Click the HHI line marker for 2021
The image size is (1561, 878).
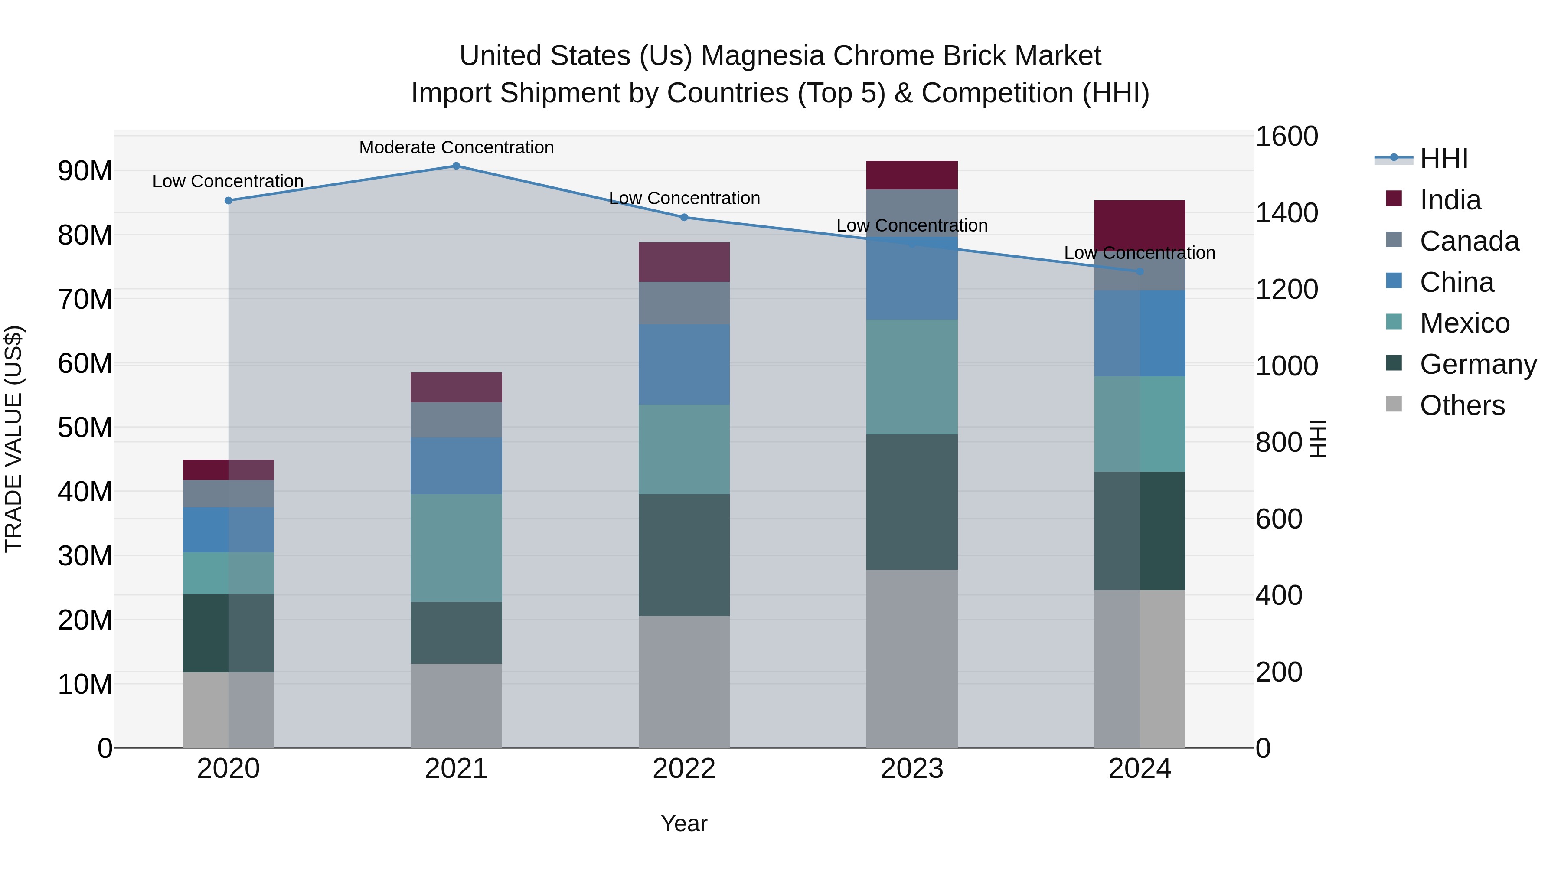click(456, 166)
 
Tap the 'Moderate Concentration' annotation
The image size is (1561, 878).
click(456, 147)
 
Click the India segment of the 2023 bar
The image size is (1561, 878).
click(911, 175)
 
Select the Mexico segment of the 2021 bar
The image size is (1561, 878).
click(456, 548)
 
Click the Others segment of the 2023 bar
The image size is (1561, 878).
click(911, 658)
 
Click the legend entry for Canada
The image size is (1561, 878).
click(1469, 241)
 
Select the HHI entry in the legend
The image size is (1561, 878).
click(1443, 159)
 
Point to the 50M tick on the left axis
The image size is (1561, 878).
click(85, 428)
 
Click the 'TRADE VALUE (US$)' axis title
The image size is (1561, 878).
click(14, 439)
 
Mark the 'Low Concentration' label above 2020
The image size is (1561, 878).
click(228, 181)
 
